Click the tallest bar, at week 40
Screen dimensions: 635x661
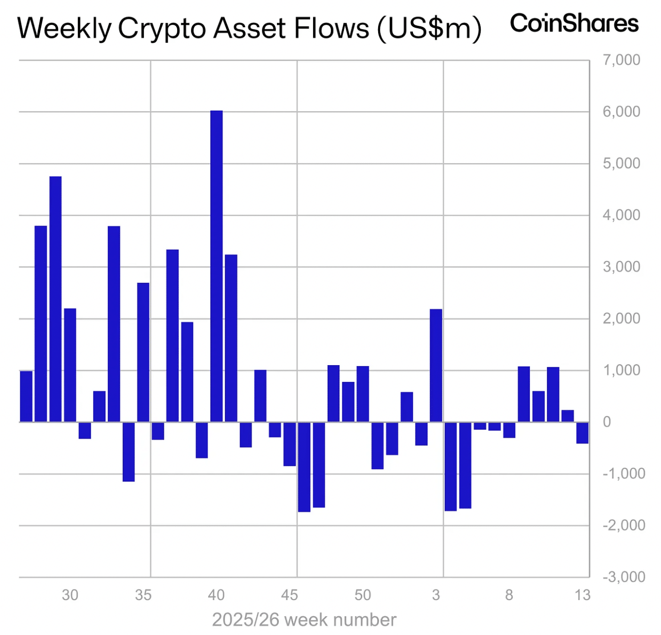[216, 266]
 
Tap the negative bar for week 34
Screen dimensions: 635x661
[129, 451]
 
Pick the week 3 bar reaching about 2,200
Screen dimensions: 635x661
[436, 366]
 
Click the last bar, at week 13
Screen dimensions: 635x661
[582, 433]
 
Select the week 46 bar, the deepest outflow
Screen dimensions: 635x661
[304, 467]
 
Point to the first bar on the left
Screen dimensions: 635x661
[26, 396]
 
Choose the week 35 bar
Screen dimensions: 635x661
[143, 352]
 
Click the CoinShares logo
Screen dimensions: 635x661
[574, 23]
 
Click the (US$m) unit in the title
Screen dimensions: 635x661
[429, 28]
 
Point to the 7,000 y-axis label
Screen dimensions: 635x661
[621, 60]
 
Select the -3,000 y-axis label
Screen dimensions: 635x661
[624, 577]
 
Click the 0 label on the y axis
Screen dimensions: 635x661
[606, 422]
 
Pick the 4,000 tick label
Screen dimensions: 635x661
[621, 215]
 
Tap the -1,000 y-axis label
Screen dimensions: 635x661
[624, 474]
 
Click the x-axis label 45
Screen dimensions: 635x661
[289, 595]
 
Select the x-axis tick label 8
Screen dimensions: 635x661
[509, 595]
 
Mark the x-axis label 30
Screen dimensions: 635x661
[70, 595]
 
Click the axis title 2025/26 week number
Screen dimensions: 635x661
[304, 620]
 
